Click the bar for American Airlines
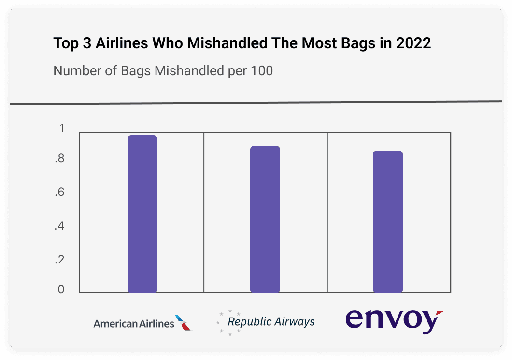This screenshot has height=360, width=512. [x=142, y=214]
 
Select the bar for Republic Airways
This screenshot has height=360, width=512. [x=265, y=219]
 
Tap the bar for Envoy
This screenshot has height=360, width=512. [x=388, y=222]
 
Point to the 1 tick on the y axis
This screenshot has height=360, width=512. [x=61, y=128]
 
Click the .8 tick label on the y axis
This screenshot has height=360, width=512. [x=59, y=159]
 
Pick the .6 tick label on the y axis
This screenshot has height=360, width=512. [x=59, y=193]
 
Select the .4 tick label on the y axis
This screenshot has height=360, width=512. [x=59, y=226]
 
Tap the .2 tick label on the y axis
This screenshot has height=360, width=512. [x=59, y=260]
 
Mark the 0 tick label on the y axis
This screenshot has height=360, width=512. [x=61, y=290]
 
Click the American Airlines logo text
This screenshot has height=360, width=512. [x=134, y=323]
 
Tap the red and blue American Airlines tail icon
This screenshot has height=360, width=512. [x=184, y=323]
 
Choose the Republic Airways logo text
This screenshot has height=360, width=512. [x=270, y=321]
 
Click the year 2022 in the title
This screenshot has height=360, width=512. [x=413, y=43]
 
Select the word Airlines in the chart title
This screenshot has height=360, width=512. [x=122, y=43]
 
